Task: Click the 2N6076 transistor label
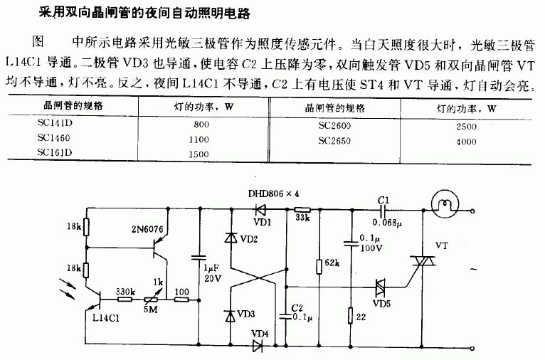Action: [x=148, y=230]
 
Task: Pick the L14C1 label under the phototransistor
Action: [x=107, y=318]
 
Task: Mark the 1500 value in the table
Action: [x=200, y=154]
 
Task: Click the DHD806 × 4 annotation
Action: [x=274, y=192]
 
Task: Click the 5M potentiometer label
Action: [x=152, y=308]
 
